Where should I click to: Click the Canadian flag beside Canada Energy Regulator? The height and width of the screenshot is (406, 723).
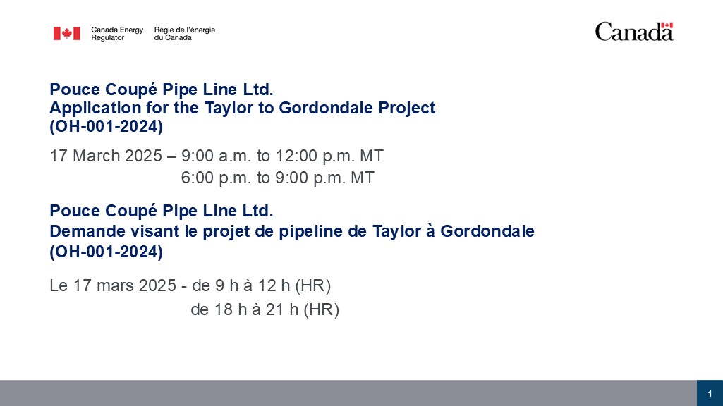[x=67, y=34]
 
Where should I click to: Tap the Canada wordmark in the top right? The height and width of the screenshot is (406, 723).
[x=634, y=31]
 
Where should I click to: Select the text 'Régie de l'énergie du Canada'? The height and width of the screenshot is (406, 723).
[x=184, y=34]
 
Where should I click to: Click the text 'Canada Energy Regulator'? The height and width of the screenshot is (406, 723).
[x=117, y=34]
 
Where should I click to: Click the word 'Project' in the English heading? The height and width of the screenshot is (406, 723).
[x=407, y=109]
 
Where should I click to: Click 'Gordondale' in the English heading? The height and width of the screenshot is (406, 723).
[x=326, y=107]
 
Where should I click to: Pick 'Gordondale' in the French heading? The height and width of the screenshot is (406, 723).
[x=487, y=231]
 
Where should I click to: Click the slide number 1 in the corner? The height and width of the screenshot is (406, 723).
[x=710, y=393]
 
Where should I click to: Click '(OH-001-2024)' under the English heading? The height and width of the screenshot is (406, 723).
[x=106, y=126]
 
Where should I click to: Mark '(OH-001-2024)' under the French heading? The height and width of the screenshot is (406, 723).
[x=106, y=252]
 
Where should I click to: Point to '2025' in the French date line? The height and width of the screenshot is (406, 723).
[x=157, y=285]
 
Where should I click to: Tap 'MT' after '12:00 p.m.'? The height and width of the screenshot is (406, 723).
[x=372, y=156]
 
